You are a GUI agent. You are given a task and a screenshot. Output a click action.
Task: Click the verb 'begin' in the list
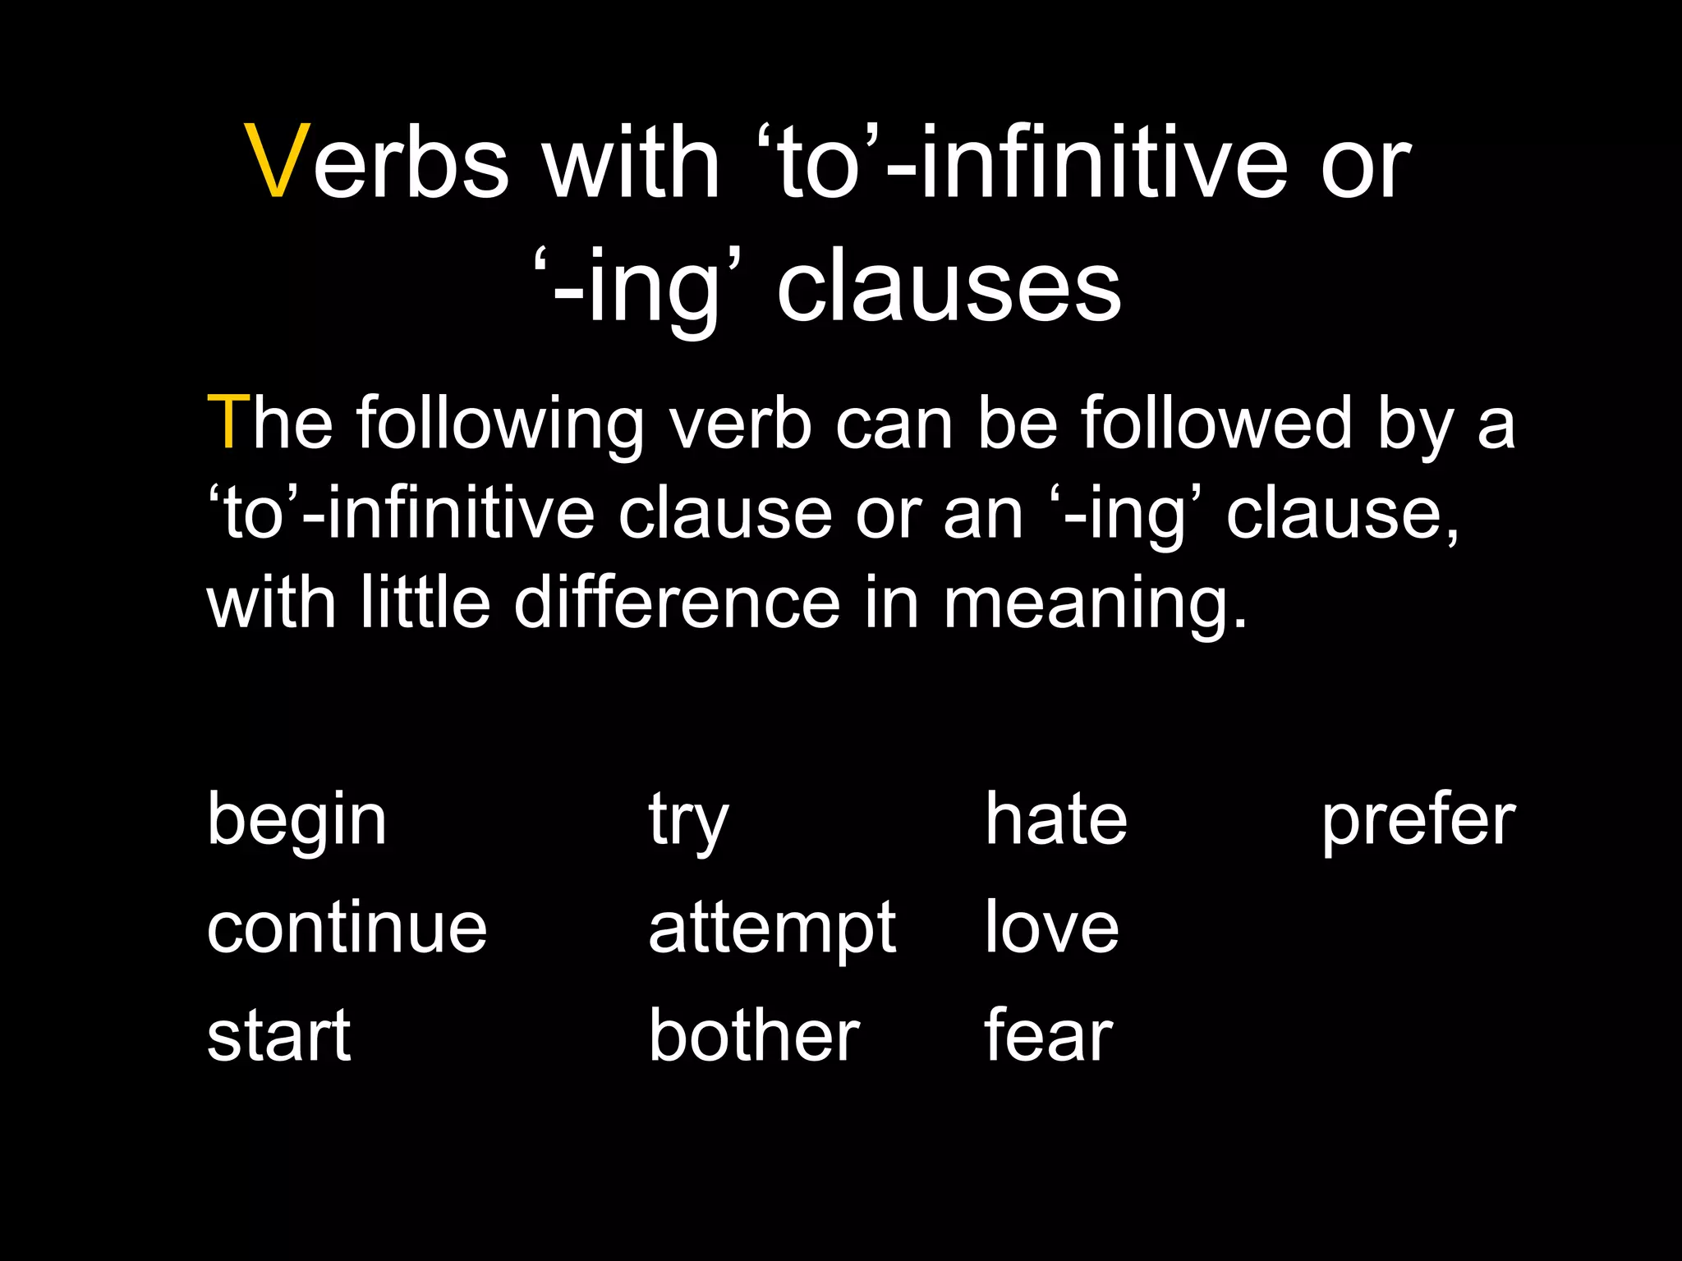click(x=296, y=820)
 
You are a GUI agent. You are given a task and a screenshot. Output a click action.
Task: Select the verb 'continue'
click(x=347, y=928)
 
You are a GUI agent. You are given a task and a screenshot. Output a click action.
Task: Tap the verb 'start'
click(x=278, y=1035)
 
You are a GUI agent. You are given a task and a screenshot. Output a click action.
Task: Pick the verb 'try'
click(x=688, y=820)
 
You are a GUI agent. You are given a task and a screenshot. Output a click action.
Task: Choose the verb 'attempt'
click(x=771, y=929)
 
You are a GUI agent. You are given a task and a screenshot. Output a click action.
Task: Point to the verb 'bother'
click(x=753, y=1035)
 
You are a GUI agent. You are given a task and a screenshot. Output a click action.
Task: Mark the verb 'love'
click(x=1051, y=928)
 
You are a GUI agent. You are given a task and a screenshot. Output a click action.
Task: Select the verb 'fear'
click(x=1048, y=1035)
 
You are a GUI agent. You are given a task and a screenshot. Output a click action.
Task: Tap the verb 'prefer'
click(x=1418, y=820)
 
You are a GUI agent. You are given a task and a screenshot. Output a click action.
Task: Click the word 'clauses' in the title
click(x=949, y=287)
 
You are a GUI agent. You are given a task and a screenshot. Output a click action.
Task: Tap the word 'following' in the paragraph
click(x=499, y=424)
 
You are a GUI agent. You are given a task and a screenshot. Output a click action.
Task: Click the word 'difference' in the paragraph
click(x=677, y=603)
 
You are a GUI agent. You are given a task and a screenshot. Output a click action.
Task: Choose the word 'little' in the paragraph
click(x=425, y=603)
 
